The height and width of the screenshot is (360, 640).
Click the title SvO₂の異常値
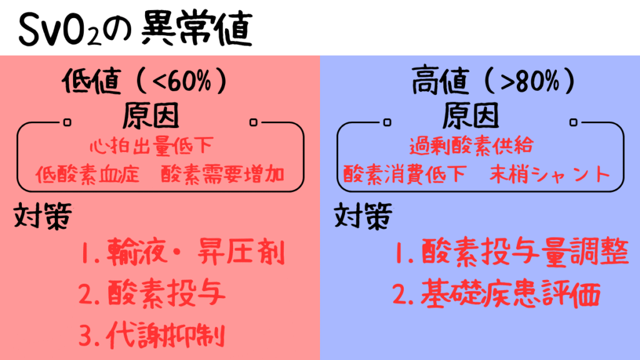point(136,29)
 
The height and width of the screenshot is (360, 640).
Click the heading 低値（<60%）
point(144,81)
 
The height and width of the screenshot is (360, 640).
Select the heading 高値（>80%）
point(494,81)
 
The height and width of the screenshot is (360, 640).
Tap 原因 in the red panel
point(151,116)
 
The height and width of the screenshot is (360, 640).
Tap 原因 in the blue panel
point(471,116)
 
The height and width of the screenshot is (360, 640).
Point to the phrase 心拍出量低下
point(151,146)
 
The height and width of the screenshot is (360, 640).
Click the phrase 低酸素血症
point(87,175)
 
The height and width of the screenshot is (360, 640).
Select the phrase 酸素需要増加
point(223,175)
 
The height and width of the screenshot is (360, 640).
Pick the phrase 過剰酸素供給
point(471,146)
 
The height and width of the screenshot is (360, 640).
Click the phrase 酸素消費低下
point(404,175)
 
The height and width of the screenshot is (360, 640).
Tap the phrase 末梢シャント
point(550,175)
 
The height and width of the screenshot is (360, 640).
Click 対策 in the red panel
point(43,216)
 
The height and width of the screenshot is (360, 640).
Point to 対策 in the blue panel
point(363,216)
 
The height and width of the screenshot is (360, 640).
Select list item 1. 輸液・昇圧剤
point(182,252)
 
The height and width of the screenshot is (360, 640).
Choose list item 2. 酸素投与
point(152,293)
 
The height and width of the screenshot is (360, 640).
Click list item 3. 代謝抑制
point(152,336)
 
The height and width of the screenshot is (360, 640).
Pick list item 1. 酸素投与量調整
point(512,252)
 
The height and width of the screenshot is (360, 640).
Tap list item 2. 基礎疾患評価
point(496,293)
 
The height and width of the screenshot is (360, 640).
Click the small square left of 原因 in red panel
point(67,122)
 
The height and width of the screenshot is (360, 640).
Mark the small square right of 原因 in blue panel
point(574,122)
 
